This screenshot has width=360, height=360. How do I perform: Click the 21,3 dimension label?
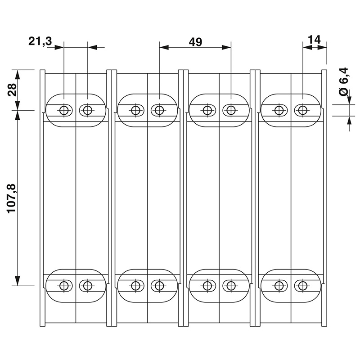click(x=40, y=41)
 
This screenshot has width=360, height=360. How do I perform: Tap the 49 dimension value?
click(x=195, y=42)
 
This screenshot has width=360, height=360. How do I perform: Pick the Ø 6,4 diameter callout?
click(x=344, y=81)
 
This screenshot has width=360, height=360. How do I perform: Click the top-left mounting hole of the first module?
click(x=64, y=110)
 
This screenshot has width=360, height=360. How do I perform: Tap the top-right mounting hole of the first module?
click(x=87, y=110)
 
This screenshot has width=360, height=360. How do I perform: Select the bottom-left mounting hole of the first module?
click(x=64, y=285)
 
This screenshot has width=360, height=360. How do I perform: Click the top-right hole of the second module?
click(x=159, y=110)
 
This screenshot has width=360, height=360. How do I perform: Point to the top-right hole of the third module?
click(x=231, y=110)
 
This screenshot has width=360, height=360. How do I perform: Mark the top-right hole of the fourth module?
click(x=303, y=110)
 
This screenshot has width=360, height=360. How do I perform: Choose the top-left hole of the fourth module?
click(x=279, y=110)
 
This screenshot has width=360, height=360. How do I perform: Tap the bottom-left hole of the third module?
click(x=207, y=285)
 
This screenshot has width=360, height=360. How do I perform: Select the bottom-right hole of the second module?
click(x=159, y=285)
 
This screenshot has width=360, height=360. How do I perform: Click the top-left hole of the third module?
click(x=207, y=110)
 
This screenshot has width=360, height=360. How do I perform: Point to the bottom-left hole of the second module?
click(x=135, y=285)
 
